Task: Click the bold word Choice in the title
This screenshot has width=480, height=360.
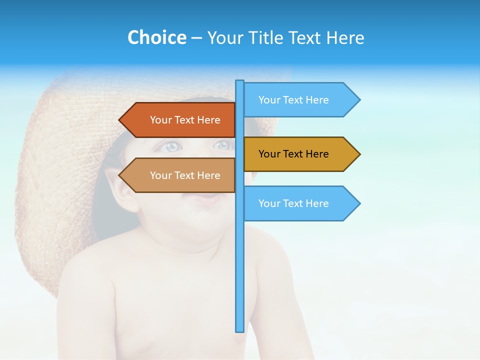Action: pyautogui.click(x=156, y=37)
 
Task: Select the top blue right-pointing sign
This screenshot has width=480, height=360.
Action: pyautogui.click(x=300, y=100)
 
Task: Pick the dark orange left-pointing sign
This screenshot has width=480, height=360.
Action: pyautogui.click(x=180, y=120)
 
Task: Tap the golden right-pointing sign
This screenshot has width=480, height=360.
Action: pyautogui.click(x=300, y=154)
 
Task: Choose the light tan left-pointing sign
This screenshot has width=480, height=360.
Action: pyautogui.click(x=180, y=175)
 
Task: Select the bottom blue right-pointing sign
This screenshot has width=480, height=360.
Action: pyautogui.click(x=300, y=203)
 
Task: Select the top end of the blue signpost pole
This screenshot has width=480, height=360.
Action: pyautogui.click(x=240, y=82)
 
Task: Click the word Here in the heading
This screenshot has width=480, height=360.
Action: pyautogui.click(x=345, y=37)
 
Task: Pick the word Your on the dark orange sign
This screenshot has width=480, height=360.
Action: pyautogui.click(x=161, y=120)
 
